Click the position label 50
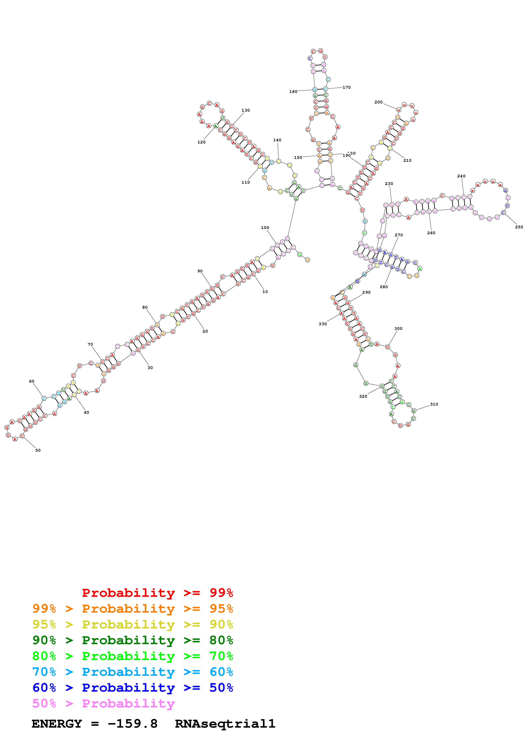point(38,450)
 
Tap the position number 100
point(265,228)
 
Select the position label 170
point(346,87)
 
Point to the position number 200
point(378,102)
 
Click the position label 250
point(519,227)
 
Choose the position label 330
point(323,324)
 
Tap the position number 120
point(201,142)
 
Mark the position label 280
point(384,287)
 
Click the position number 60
point(32,381)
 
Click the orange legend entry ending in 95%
point(132,609)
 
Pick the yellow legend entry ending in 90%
point(132,624)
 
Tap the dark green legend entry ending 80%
point(132,640)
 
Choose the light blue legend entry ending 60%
point(132,672)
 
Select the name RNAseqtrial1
point(225,724)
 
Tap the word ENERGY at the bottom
point(57,724)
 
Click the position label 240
point(461,176)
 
